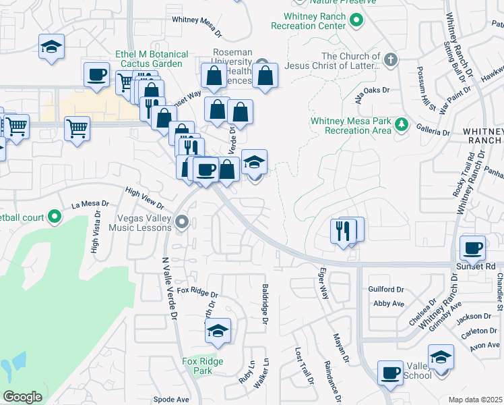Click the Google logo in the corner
(22, 397)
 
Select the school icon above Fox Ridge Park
(218, 331)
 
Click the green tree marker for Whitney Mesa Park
(402, 124)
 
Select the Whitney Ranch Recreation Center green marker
(357, 22)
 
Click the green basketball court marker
(55, 217)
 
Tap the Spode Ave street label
(171, 399)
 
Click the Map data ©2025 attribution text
(476, 400)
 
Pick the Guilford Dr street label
(386, 290)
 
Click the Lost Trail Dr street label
(305, 367)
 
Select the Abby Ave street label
(388, 304)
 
